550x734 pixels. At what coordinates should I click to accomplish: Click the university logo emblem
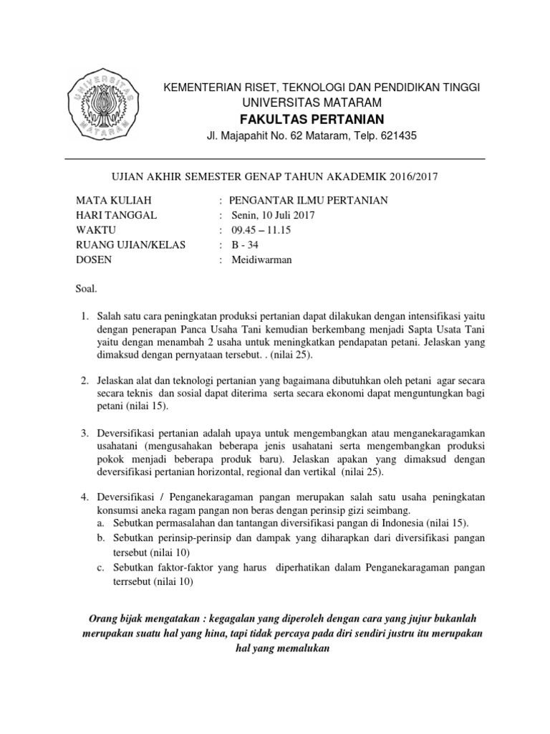102,105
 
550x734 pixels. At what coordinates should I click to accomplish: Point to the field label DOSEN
94,259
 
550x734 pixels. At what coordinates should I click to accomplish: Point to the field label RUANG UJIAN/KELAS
130,245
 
